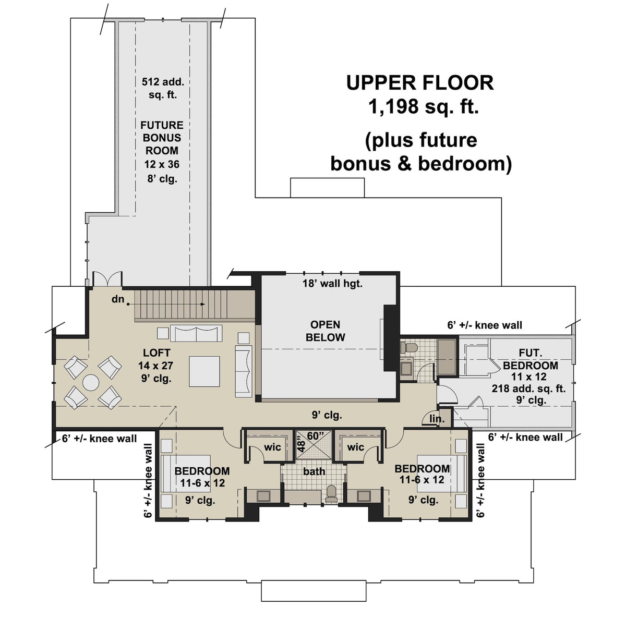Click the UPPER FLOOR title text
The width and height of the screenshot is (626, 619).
pyautogui.click(x=419, y=82)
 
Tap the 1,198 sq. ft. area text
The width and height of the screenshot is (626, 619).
pyautogui.click(x=423, y=107)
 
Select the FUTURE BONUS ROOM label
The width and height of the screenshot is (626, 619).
pyautogui.click(x=162, y=138)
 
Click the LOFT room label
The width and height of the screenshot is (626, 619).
pyautogui.click(x=156, y=353)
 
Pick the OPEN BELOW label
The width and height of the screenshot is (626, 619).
pyautogui.click(x=325, y=331)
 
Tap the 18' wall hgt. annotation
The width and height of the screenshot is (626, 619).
pyautogui.click(x=332, y=284)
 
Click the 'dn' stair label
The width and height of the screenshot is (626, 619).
pyautogui.click(x=117, y=299)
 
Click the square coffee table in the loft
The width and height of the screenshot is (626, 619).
pyautogui.click(x=204, y=371)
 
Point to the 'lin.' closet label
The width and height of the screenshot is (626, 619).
pyautogui.click(x=437, y=419)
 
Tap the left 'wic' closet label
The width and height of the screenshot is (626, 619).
pyautogui.click(x=272, y=447)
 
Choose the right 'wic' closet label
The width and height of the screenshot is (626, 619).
pyautogui.click(x=355, y=447)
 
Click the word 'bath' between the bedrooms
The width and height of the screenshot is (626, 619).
pyautogui.click(x=314, y=471)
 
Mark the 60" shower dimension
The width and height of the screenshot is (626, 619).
pyautogui.click(x=315, y=435)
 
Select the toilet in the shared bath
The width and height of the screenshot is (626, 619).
pyautogui.click(x=331, y=493)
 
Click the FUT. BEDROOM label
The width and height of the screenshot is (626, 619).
pyautogui.click(x=531, y=359)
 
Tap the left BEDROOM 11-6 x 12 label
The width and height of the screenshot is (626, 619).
pyautogui.click(x=202, y=477)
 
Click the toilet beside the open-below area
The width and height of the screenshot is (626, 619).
pyautogui.click(x=410, y=347)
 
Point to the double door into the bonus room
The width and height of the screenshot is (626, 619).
pyautogui.click(x=107, y=278)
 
